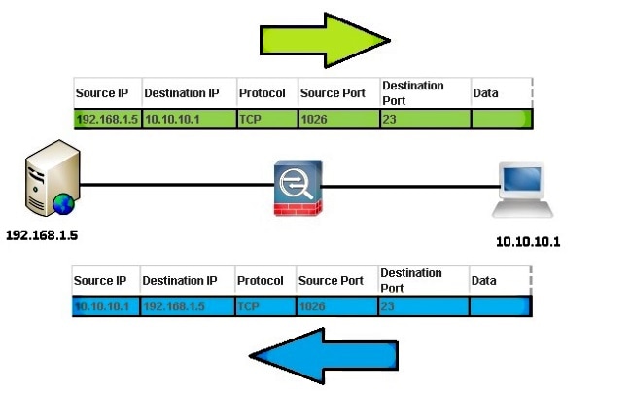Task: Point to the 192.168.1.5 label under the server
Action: pos(42,235)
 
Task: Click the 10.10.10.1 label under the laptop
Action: pos(528,241)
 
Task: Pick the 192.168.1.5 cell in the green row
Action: pos(107,119)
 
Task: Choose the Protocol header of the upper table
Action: pos(263,93)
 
